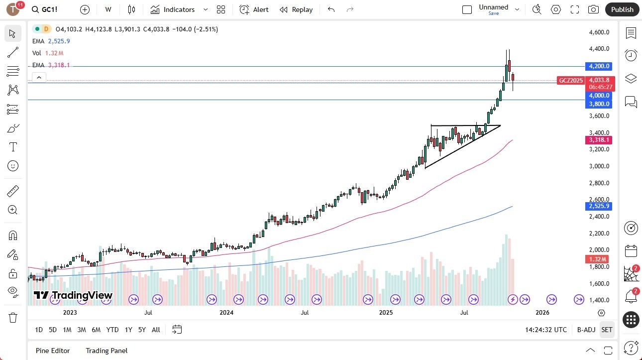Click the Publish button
tap(622, 9)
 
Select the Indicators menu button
tap(173, 9)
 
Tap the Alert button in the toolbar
tap(254, 9)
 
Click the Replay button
tap(296, 9)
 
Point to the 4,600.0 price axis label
tap(599, 32)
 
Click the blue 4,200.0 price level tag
tap(599, 66)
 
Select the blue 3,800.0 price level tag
tap(599, 104)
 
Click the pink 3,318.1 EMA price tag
tap(599, 140)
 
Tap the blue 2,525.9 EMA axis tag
tap(599, 206)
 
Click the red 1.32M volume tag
tap(597, 259)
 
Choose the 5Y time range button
tap(142, 330)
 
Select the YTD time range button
tap(112, 330)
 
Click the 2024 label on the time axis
tap(226, 313)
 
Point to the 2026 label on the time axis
tap(542, 313)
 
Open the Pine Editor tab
tap(53, 351)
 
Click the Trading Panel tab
tap(107, 351)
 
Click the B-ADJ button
tap(586, 330)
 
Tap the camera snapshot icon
tap(593, 9)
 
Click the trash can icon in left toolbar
tap(13, 318)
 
